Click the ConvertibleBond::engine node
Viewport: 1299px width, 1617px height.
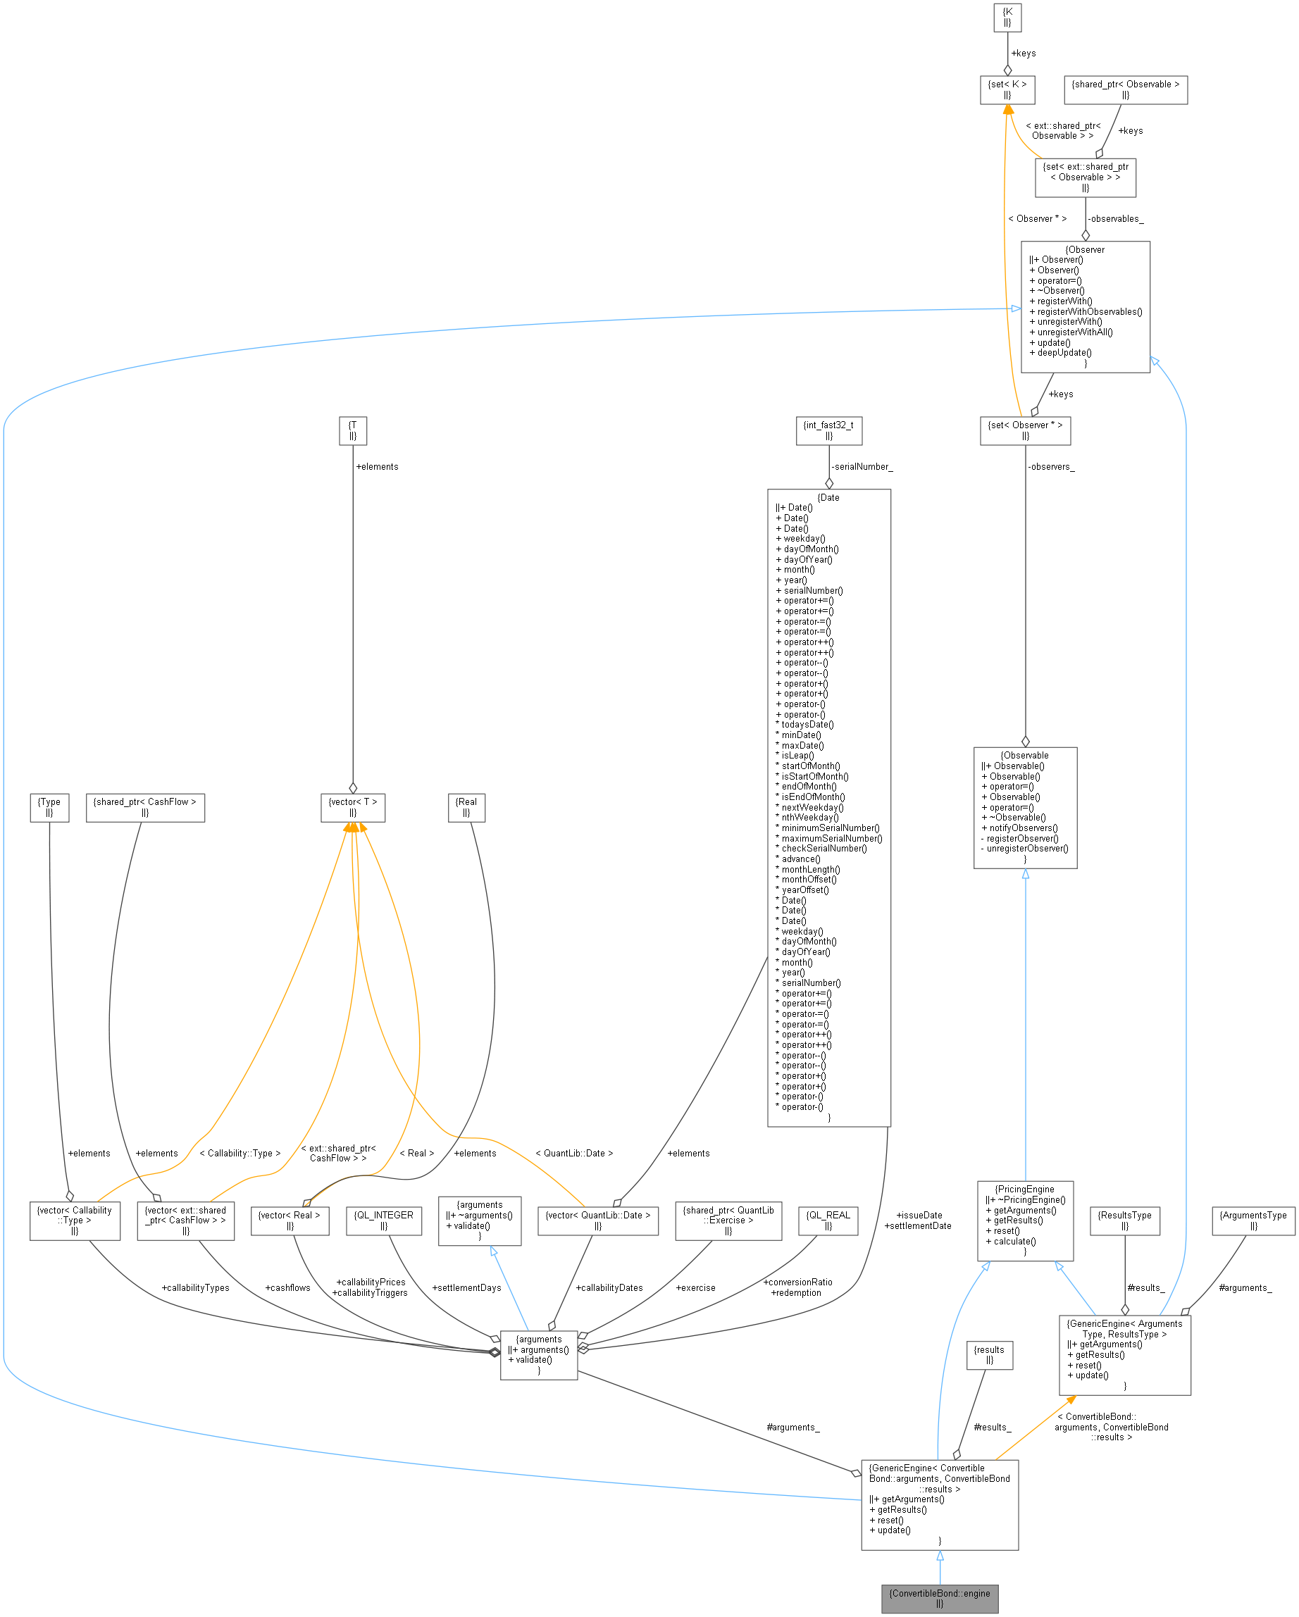(x=939, y=1597)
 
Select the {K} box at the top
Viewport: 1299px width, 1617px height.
(x=1007, y=17)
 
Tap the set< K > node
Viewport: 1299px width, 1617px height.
(x=1007, y=90)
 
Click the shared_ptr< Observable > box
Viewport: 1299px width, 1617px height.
(x=1125, y=90)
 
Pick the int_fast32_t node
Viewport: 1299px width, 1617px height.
(x=828, y=430)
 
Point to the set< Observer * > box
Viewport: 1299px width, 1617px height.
(x=1024, y=430)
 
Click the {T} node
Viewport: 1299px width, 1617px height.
(x=352, y=430)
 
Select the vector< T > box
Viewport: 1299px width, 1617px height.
(x=352, y=807)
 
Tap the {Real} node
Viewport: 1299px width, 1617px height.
(x=466, y=807)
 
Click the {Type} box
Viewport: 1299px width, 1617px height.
(x=49, y=807)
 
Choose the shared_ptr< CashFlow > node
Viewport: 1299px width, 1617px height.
(x=144, y=807)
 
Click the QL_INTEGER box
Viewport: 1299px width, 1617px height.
(x=383, y=1220)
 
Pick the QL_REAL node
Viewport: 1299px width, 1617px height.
(x=828, y=1220)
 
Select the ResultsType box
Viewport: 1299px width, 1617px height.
(x=1124, y=1220)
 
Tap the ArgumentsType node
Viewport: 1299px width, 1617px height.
(x=1253, y=1220)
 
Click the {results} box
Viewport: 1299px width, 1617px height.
(x=989, y=1354)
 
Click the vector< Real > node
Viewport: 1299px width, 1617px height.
(x=290, y=1220)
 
